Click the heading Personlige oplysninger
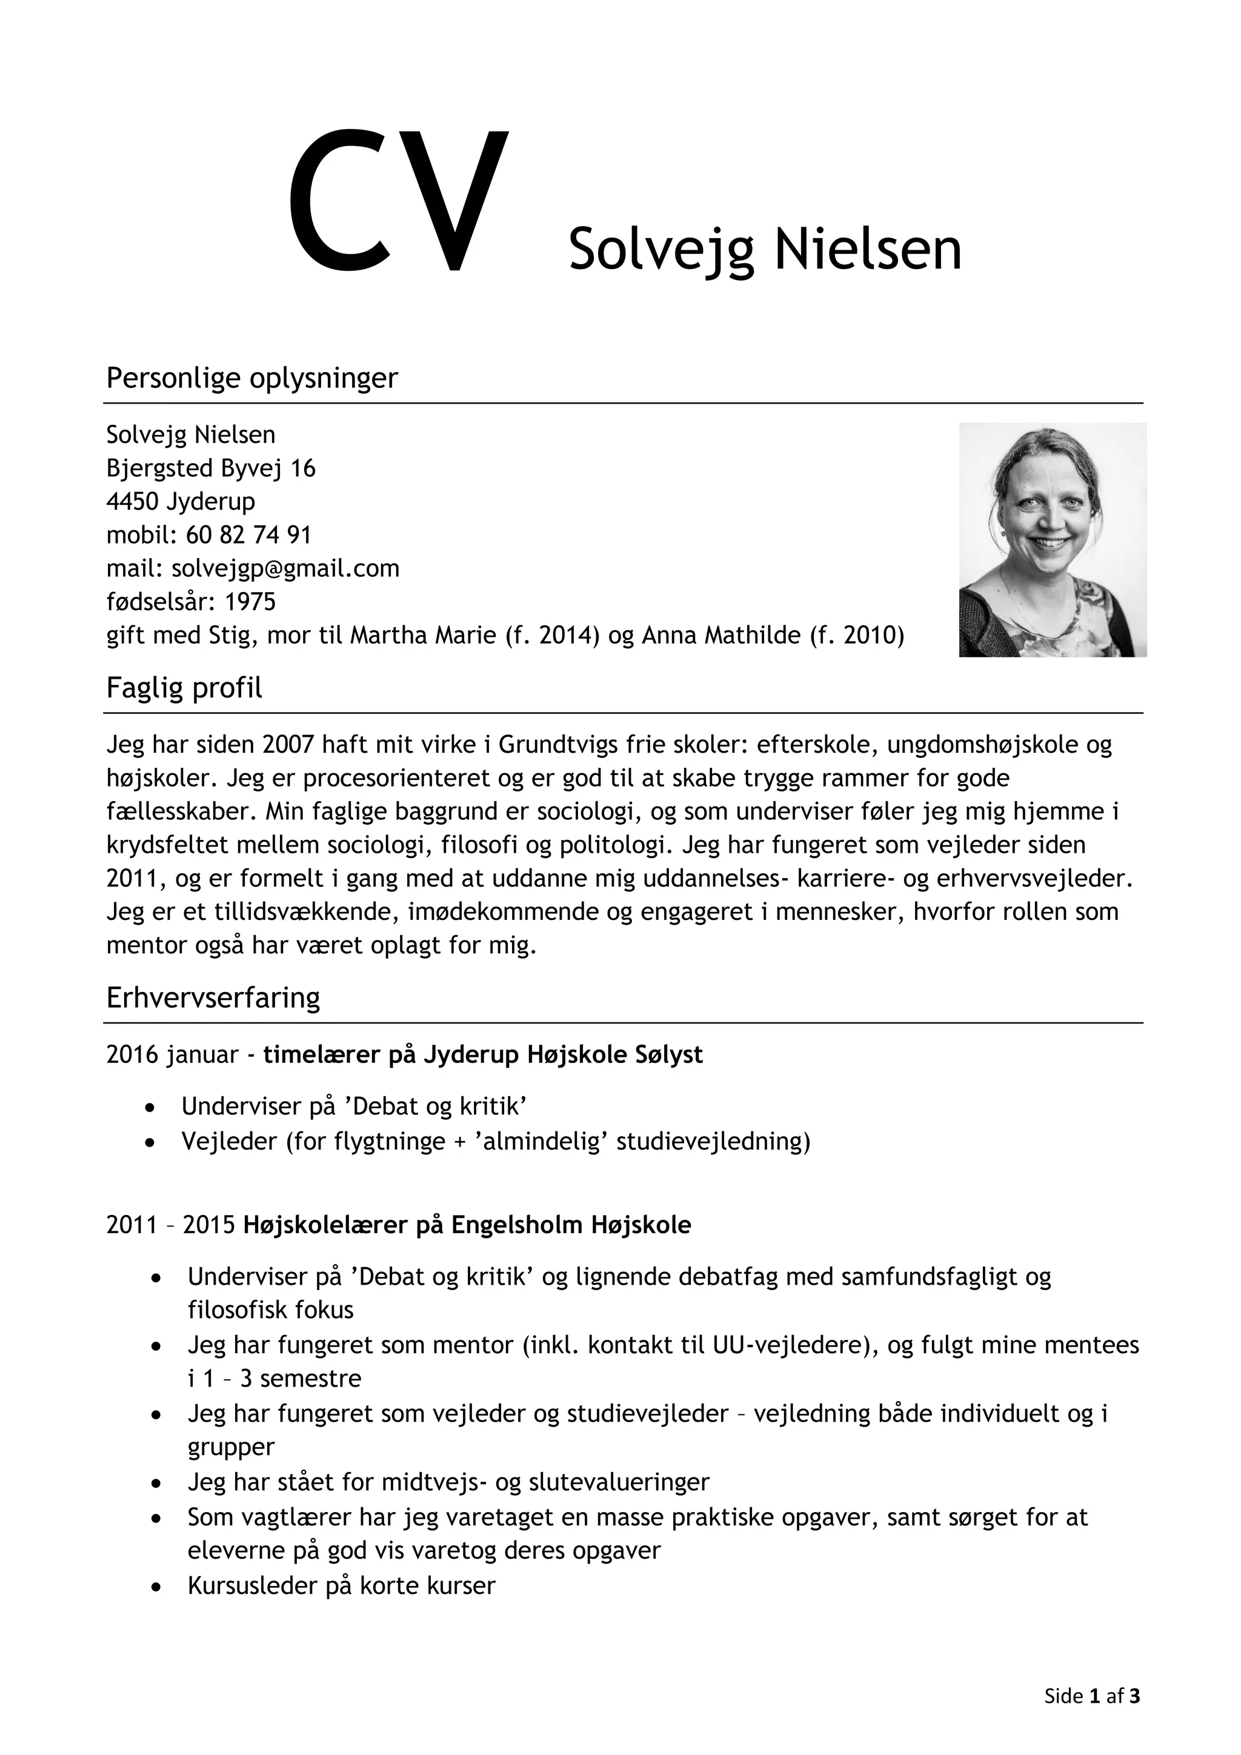251,378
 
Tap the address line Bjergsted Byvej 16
210,468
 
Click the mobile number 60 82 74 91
248,534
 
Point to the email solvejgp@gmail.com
285,568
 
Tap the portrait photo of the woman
1053,539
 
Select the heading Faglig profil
184,688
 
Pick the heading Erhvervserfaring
213,997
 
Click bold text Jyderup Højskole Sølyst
562,1055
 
